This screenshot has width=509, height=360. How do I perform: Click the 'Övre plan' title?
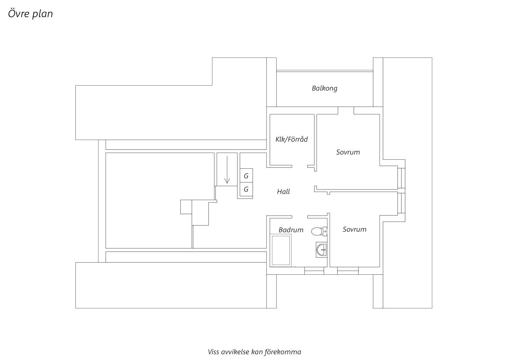tap(30, 14)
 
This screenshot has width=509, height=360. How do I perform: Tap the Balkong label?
tap(324, 88)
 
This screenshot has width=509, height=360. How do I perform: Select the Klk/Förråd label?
tap(291, 139)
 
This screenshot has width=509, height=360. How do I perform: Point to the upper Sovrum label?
tap(348, 152)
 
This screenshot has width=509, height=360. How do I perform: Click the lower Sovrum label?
tap(354, 229)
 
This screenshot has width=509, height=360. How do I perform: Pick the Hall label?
tap(283, 192)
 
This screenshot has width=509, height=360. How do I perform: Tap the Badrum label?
tap(291, 230)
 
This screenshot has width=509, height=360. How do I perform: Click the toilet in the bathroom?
tap(319, 231)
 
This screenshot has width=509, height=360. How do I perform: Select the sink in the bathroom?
tap(321, 250)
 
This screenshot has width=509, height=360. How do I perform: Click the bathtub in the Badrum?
tap(281, 250)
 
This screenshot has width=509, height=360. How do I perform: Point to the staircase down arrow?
tap(227, 170)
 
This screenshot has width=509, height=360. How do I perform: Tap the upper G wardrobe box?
tap(246, 176)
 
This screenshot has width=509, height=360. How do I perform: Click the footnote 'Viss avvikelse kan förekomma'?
tap(255, 352)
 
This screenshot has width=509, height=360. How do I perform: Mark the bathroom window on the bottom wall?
tap(314, 271)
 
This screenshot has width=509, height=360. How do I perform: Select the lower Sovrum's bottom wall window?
tap(348, 271)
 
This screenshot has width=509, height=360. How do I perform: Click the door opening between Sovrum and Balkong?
tap(346, 111)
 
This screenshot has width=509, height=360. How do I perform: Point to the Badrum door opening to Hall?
tap(300, 217)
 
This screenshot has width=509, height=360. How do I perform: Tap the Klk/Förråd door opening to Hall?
tap(300, 166)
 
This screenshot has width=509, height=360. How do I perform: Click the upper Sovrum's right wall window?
tap(401, 178)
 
